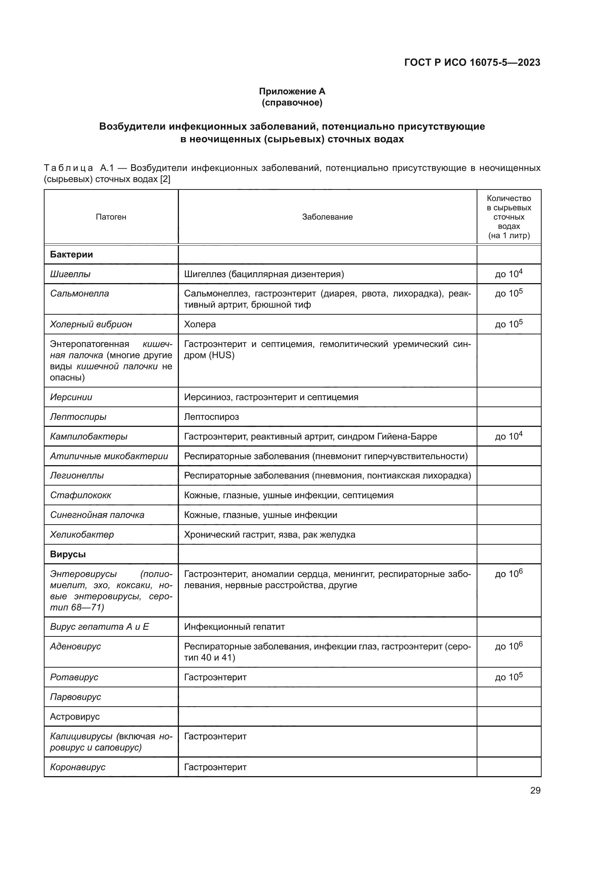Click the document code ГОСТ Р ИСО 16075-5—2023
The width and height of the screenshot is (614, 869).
tap(472, 62)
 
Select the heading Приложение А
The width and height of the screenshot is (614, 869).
tap(292, 91)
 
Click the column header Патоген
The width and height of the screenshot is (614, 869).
tap(111, 217)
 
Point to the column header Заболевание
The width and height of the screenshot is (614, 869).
tap(327, 217)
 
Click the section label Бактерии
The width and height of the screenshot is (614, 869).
tap(71, 254)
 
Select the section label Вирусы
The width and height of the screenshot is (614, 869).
tap(68, 554)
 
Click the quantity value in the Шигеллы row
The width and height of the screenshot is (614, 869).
tap(509, 274)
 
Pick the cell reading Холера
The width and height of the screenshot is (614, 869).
tap(200, 324)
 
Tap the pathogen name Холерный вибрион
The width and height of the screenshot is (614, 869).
tap(91, 324)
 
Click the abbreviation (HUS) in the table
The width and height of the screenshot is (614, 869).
tap(222, 355)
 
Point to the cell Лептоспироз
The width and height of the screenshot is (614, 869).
tap(211, 417)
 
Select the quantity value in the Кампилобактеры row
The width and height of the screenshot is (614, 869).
tap(509, 436)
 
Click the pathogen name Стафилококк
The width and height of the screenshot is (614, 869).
tap(81, 495)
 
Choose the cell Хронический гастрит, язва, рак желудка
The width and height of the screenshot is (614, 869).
tap(269, 534)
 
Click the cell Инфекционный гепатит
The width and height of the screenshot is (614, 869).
tap(234, 626)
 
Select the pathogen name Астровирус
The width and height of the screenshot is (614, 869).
tap(75, 716)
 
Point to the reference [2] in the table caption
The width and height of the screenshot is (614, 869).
tap(165, 179)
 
